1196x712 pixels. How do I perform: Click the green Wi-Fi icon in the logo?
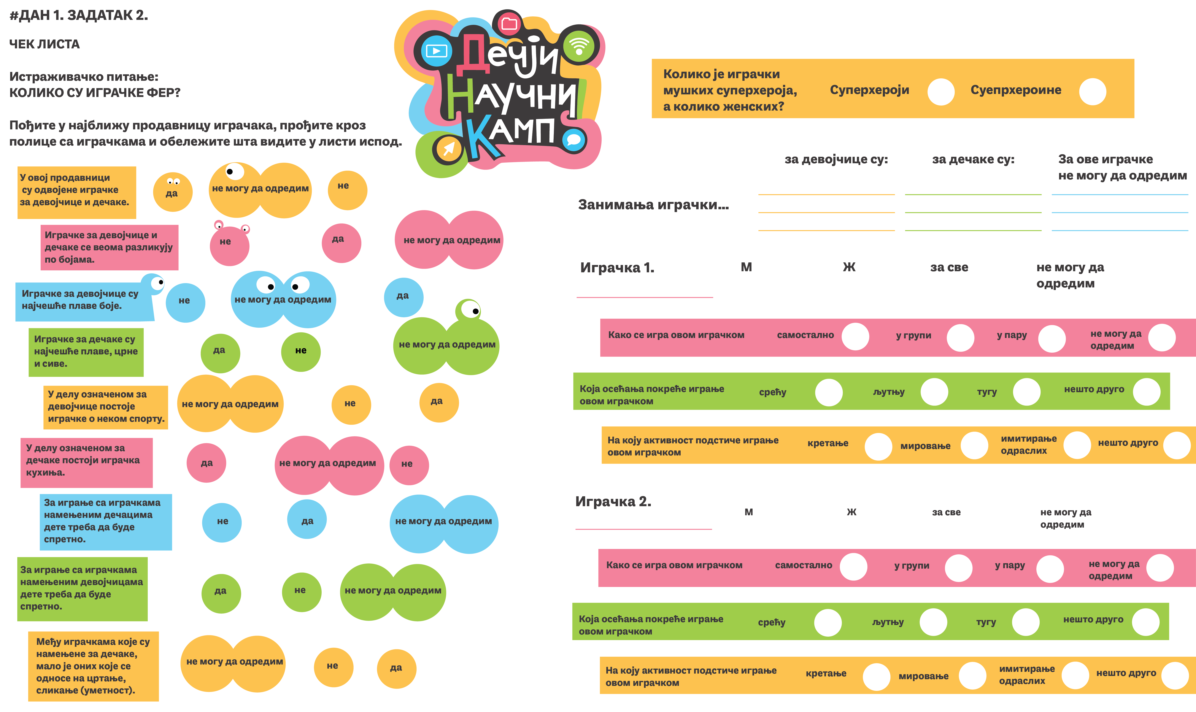pos(579,47)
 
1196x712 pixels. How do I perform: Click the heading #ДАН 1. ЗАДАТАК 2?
pos(79,15)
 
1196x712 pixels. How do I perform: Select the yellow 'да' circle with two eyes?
pos(172,192)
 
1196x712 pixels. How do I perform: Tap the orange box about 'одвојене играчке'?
pos(77,192)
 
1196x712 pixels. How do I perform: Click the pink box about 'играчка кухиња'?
pos(86,463)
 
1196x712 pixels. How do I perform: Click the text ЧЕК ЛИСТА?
pos(45,44)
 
